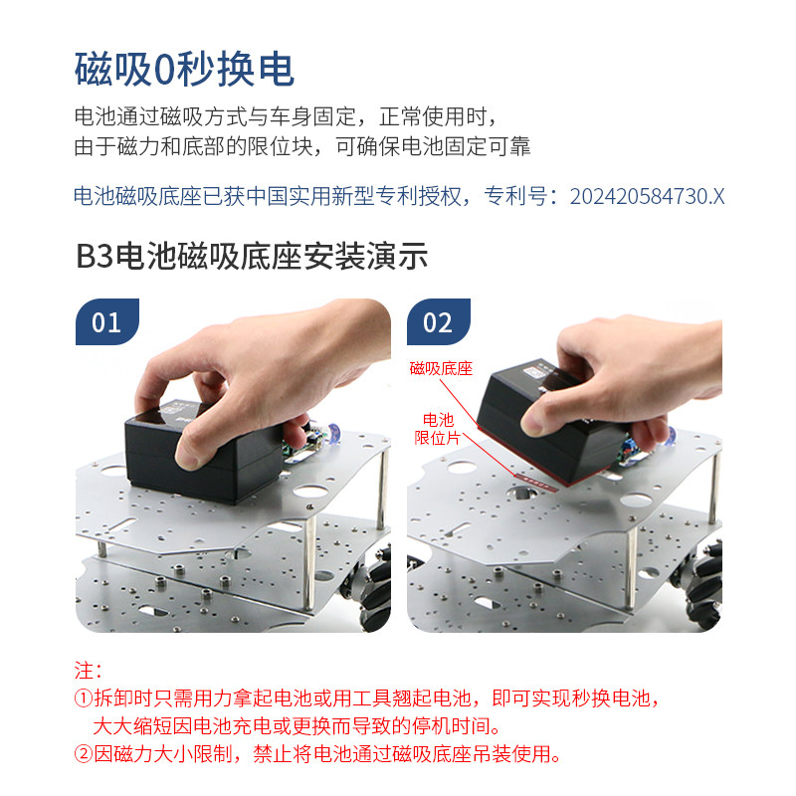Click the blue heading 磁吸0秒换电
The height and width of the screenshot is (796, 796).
[184, 69]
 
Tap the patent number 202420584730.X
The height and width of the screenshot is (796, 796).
[648, 196]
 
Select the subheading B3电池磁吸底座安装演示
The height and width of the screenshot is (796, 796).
[252, 256]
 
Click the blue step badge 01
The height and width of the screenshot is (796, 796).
[107, 321]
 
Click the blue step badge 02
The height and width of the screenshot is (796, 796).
[439, 321]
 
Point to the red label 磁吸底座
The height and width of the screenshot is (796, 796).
[441, 368]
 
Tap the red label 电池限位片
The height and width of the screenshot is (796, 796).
[437, 429]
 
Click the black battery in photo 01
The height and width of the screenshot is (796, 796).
[203, 457]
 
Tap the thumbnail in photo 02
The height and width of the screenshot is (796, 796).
[534, 422]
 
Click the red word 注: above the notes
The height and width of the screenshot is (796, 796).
[88, 671]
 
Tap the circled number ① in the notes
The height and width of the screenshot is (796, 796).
[84, 698]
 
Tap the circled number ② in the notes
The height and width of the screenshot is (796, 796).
[84, 754]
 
